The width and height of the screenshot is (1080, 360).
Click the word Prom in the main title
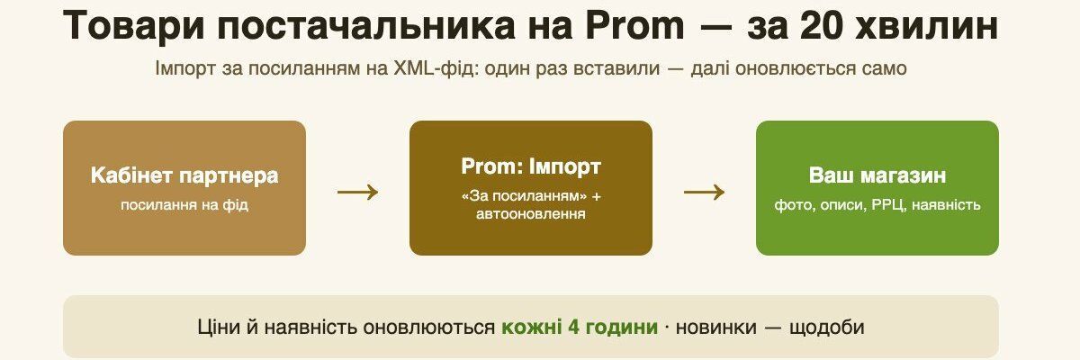click(634, 25)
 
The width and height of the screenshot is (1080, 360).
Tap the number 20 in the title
click(819, 25)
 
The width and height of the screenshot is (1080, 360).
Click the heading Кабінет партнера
click(184, 175)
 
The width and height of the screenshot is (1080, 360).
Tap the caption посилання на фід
click(184, 205)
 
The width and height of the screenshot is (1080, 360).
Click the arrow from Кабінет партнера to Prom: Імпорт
click(358, 193)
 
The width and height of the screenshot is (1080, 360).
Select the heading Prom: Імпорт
click(531, 166)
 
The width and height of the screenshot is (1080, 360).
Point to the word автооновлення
click(531, 213)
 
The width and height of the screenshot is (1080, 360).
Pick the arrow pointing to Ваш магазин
click(704, 193)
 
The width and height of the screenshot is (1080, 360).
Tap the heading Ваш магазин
click(877, 175)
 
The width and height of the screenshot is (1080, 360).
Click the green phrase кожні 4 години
click(580, 328)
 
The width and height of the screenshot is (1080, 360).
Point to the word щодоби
click(826, 328)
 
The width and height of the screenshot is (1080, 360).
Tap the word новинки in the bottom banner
click(716, 328)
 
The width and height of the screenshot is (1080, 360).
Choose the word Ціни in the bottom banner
click(219, 328)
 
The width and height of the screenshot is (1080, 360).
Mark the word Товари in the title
click(133, 26)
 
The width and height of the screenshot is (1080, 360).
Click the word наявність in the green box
click(946, 205)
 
